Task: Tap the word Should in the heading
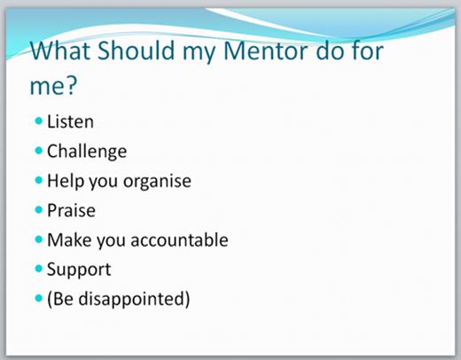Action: [x=136, y=50]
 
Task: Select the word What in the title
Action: [x=60, y=51]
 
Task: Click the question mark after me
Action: [x=71, y=85]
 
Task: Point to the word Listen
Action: [x=70, y=121]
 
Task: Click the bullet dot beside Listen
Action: [x=39, y=121]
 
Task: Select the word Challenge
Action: [x=87, y=152]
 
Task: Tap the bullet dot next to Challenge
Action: [x=39, y=151]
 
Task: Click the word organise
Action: [x=157, y=182]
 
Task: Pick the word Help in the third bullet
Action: [x=66, y=181]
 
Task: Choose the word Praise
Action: [x=71, y=210]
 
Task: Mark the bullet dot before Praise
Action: [x=39, y=209]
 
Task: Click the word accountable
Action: [x=179, y=239]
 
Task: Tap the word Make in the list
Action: [x=69, y=239]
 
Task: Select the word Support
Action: [x=79, y=270]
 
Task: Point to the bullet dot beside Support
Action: [x=39, y=269]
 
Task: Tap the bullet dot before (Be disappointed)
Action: [x=39, y=298]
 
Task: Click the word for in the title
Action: [x=367, y=50]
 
